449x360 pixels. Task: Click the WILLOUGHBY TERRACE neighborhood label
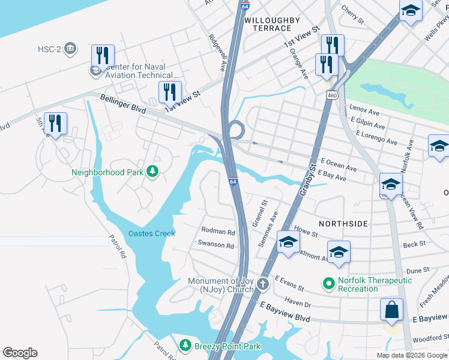tap(272, 24)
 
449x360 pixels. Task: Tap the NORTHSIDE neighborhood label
tap(343, 223)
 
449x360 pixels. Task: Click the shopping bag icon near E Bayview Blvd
tap(391, 310)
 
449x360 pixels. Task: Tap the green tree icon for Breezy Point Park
tap(186, 346)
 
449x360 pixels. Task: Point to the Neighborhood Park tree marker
tap(153, 172)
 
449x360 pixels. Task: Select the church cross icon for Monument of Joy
tap(262, 283)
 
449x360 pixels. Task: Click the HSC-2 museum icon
tap(70, 48)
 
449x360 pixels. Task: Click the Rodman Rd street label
tap(218, 231)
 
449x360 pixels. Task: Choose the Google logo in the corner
tap(20, 352)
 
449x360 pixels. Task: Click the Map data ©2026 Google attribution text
tap(412, 355)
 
